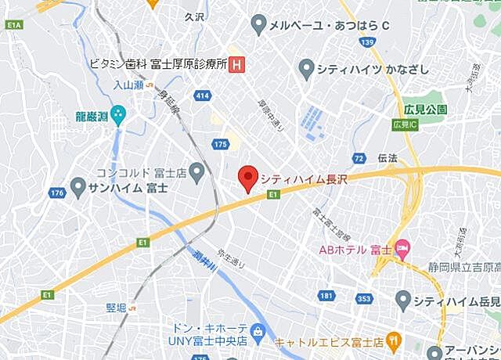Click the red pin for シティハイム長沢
point(248,179)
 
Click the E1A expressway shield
point(13,26)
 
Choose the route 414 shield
point(203,95)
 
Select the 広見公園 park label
point(425,108)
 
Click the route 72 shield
point(359,158)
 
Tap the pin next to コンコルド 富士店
point(196,171)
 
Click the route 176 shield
point(56,192)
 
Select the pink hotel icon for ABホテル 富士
point(402,250)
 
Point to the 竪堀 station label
point(117,307)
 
